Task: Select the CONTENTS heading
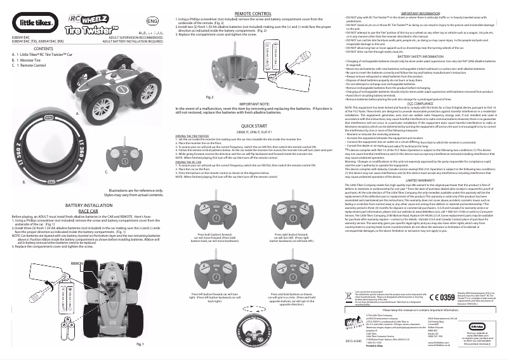(43, 49)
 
